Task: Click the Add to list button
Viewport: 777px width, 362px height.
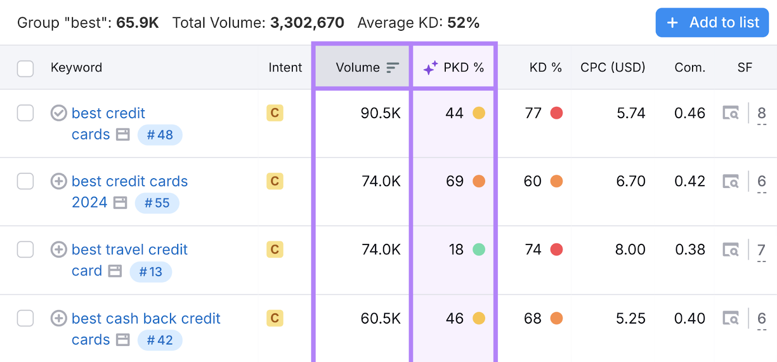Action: [712, 22]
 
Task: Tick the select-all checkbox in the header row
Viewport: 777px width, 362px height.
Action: [25, 69]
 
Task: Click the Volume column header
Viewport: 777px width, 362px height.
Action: [358, 68]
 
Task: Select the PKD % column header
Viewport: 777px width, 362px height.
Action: [463, 68]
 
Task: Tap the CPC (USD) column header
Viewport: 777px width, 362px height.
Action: [612, 68]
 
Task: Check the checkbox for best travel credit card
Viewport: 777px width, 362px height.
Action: [25, 250]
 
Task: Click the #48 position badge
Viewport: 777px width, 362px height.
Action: [160, 135]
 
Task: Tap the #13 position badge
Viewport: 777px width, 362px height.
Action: [151, 272]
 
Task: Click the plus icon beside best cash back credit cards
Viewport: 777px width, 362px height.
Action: [59, 318]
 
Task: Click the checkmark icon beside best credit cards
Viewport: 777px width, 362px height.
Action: [59, 113]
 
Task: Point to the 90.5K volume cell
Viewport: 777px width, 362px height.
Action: [380, 113]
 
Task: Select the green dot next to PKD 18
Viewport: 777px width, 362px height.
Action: [479, 250]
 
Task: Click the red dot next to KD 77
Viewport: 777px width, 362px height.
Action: [557, 113]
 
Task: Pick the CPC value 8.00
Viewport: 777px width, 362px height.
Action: [630, 250]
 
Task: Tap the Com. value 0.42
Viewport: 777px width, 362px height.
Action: [690, 181]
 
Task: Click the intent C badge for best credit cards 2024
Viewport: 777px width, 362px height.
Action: [275, 181]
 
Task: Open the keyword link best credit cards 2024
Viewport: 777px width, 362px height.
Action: [129, 181]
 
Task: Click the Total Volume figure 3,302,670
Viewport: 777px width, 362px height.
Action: [307, 23]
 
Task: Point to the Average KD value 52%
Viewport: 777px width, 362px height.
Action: [463, 23]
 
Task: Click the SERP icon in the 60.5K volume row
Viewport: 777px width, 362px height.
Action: [730, 318]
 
